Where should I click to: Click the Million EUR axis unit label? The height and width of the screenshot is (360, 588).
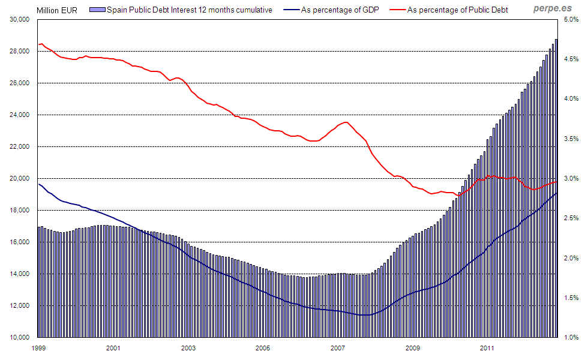point(57,10)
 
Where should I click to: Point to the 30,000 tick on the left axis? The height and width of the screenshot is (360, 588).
point(20,19)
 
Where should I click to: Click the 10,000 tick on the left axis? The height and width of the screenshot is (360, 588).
point(20,337)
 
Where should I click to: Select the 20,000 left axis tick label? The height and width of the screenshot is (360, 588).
point(20,178)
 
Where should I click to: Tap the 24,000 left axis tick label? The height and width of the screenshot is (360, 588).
point(20,115)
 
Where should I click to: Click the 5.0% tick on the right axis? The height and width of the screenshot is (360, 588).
point(571,19)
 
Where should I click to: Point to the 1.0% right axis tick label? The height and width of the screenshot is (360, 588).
point(571,337)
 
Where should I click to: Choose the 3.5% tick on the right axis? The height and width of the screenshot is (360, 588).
point(571,139)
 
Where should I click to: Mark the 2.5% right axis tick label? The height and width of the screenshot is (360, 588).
point(571,218)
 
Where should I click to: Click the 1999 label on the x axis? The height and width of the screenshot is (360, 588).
point(38,347)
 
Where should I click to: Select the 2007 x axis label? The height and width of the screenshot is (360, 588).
point(337,347)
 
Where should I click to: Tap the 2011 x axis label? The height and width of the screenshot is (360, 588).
point(487,347)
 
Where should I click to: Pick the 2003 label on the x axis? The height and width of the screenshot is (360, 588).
point(188,347)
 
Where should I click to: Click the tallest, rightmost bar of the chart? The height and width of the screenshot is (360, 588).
point(556,180)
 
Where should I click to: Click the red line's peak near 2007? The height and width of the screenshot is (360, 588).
point(346,122)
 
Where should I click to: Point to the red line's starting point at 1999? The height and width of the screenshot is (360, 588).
point(39,44)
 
